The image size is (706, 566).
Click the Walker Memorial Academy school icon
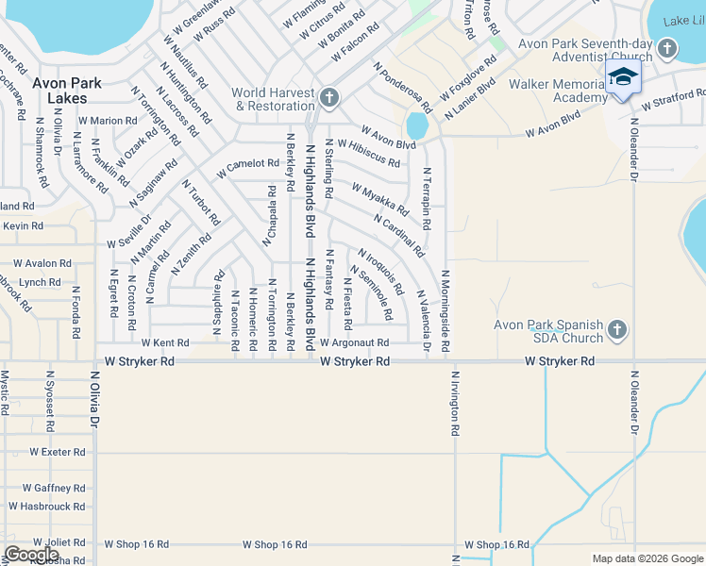(623, 76)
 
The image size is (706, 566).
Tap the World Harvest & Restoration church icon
(328, 97)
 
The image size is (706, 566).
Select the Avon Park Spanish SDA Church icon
(616, 329)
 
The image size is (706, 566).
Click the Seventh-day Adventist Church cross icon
(667, 48)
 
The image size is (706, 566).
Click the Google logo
(31, 555)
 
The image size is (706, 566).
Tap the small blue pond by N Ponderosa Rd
(415, 125)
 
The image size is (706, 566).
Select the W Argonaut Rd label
(354, 343)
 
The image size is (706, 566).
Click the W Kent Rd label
(165, 343)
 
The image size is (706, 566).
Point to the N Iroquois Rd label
(381, 271)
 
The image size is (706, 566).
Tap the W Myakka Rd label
(379, 199)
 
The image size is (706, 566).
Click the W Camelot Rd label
(247, 168)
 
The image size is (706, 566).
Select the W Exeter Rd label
(57, 453)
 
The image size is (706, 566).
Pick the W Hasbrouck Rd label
(47, 507)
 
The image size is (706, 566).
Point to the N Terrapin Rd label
(427, 199)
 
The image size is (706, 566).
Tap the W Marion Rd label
(108, 121)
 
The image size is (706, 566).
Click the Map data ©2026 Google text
(647, 558)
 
